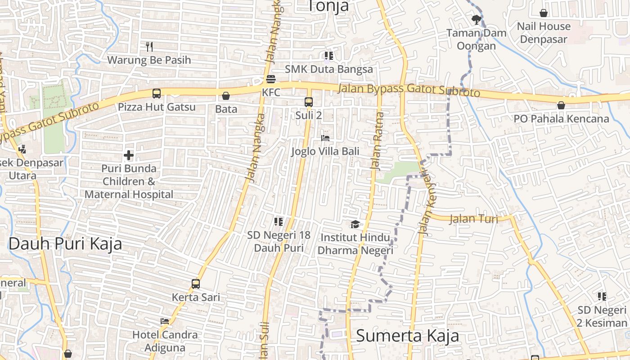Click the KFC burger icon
pos(271,80)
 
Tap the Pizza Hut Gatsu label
pos(157,107)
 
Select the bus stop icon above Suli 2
pos(309,102)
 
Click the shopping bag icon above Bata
pos(226,96)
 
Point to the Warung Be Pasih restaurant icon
pos(149,46)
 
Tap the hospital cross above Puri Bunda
pos(129,156)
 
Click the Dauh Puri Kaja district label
pos(65,243)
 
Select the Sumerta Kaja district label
pos(408,336)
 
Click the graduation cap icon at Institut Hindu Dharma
pos(355,224)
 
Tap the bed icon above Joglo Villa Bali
pos(325,138)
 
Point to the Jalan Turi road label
pos(473,219)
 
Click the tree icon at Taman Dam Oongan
pos(476,19)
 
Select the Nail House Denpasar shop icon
pos(544,13)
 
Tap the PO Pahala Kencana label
pos(561,119)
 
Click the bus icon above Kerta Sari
pos(196,284)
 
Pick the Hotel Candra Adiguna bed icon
pos(165,321)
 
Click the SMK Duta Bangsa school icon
pos(329,56)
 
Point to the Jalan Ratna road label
pos(377,141)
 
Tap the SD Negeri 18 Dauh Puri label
pos(279,241)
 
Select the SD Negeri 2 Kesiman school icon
pos(602,297)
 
